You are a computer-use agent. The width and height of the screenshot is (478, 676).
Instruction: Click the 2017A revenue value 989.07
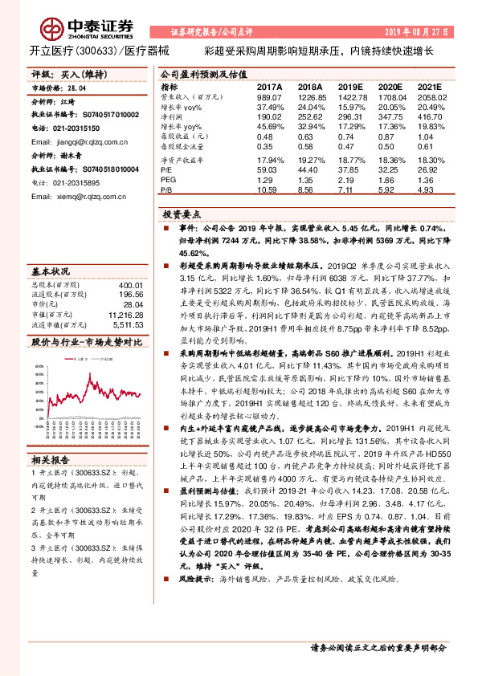tap(270, 96)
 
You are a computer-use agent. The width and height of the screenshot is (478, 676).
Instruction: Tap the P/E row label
tap(166, 170)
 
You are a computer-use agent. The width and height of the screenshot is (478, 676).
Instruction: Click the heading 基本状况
tap(51, 271)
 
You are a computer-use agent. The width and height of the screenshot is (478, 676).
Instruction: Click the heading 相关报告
tap(51, 460)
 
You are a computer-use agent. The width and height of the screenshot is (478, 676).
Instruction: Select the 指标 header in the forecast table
tap(170, 87)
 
